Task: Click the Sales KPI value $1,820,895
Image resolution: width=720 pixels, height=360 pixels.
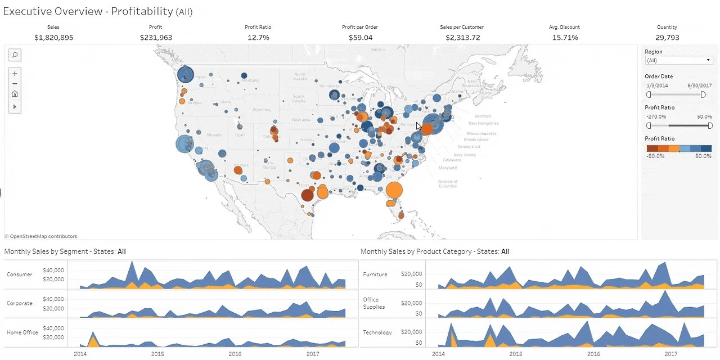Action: click(x=53, y=38)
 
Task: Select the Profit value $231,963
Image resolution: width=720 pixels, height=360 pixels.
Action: click(x=156, y=38)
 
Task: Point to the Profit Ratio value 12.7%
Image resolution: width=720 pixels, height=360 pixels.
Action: click(x=258, y=38)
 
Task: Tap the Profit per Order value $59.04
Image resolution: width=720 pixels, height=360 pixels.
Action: click(x=360, y=38)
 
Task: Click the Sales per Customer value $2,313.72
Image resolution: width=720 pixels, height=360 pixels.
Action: click(x=463, y=38)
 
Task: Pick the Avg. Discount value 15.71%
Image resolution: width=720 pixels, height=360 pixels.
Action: click(x=564, y=38)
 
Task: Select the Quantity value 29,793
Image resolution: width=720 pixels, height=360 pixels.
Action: click(x=667, y=38)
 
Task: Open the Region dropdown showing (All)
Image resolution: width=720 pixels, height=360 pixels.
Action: click(x=679, y=60)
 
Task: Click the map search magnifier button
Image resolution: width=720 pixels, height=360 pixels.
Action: click(x=15, y=55)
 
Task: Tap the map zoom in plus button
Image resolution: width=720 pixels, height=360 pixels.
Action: click(x=15, y=74)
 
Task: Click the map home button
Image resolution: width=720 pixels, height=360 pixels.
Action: click(x=15, y=94)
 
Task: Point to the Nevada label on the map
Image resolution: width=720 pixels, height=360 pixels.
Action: click(x=214, y=135)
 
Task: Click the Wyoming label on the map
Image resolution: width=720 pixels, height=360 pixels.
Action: click(x=262, y=110)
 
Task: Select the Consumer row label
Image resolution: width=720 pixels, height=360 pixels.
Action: click(x=20, y=274)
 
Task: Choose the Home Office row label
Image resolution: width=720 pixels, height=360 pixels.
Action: click(x=22, y=332)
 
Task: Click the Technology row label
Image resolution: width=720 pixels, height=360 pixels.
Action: click(x=377, y=332)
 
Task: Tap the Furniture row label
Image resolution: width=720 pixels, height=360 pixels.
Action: click(x=375, y=274)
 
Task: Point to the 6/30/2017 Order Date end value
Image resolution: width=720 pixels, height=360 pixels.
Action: click(x=700, y=85)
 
